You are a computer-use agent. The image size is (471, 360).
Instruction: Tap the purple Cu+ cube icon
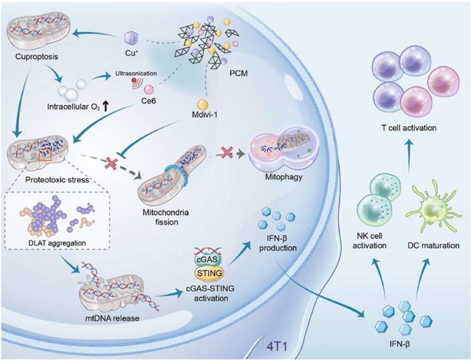point(130,39)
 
